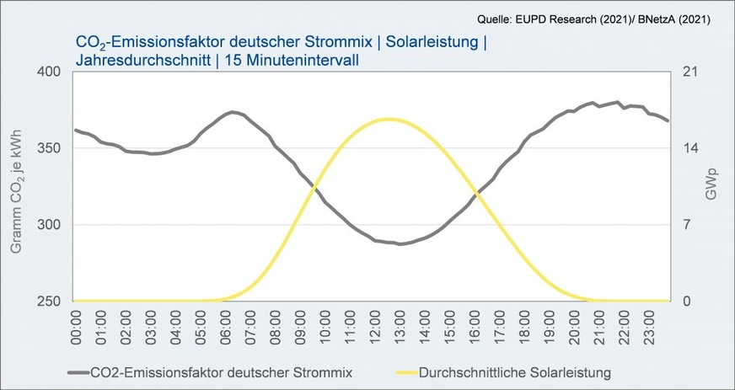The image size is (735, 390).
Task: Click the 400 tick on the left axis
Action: (50, 72)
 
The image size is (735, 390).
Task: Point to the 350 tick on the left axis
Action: (50, 148)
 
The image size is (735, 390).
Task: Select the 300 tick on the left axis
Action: (50, 225)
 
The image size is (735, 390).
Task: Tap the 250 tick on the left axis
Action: (50, 302)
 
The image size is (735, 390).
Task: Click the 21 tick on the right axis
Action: (689, 72)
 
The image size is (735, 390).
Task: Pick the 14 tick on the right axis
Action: (689, 148)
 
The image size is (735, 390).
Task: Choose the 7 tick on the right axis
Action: (685, 225)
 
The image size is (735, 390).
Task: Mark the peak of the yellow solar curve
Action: (388, 119)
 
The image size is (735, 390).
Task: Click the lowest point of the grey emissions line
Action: (401, 244)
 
